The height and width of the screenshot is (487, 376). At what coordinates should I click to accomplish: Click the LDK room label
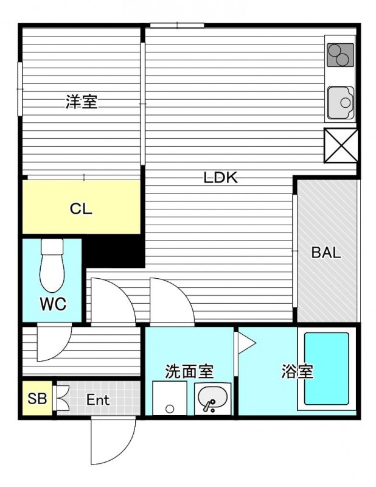click(220, 178)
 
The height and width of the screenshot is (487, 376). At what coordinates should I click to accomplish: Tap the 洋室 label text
click(82, 102)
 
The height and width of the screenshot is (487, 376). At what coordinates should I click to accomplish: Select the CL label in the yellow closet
click(81, 209)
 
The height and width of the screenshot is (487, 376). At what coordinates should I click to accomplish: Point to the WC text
click(53, 304)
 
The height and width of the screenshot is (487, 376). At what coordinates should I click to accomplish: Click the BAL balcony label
click(326, 253)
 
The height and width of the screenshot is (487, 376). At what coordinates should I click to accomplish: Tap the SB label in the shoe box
click(37, 399)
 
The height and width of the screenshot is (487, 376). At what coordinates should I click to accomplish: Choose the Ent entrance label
click(98, 400)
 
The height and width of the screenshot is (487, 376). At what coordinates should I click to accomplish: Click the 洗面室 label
click(189, 371)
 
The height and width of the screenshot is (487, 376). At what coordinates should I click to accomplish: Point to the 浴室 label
click(297, 371)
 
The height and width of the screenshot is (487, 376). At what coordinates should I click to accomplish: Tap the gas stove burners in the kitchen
click(340, 55)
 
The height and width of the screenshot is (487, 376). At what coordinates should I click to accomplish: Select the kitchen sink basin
click(341, 102)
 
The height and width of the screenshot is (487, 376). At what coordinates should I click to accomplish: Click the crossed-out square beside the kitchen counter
click(341, 145)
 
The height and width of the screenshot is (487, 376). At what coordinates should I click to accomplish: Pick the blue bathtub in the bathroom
click(326, 369)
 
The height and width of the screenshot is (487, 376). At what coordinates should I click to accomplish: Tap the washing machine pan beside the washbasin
click(170, 398)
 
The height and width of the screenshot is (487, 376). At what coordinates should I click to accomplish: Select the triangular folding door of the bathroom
click(245, 343)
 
